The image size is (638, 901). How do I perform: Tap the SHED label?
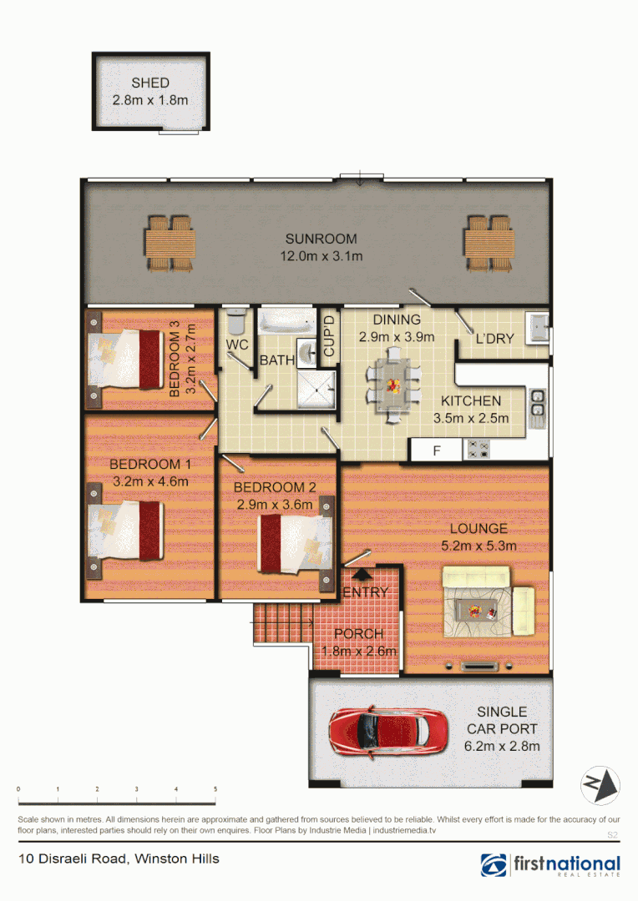[150, 83]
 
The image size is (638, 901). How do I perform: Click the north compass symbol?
[600, 784]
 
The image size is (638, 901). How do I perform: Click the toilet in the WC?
[235, 321]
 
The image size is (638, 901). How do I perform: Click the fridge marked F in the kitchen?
[435, 450]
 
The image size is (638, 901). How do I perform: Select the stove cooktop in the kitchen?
[478, 450]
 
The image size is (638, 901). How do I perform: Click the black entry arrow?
[362, 575]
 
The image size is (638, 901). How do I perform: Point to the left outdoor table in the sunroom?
[170, 243]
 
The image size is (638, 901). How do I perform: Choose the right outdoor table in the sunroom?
[487, 243]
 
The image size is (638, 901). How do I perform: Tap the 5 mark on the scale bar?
[215, 789]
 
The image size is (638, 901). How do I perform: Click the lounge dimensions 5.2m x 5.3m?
[478, 546]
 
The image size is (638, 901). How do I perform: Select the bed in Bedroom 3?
[125, 359]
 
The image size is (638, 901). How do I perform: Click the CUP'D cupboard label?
[328, 337]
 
